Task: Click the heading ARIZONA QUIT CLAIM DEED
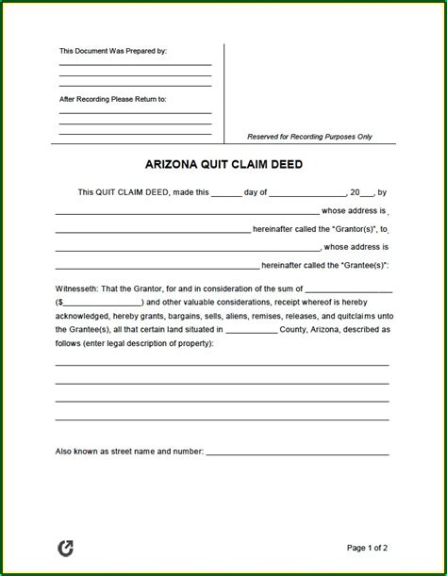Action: point(223,164)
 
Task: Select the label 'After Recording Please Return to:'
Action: point(112,98)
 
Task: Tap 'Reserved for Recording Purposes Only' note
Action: point(309,137)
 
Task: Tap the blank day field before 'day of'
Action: point(227,193)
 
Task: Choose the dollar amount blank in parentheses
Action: point(102,303)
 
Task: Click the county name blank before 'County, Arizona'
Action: point(252,330)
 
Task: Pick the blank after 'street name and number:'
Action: point(297,453)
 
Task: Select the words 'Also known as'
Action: point(81,452)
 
